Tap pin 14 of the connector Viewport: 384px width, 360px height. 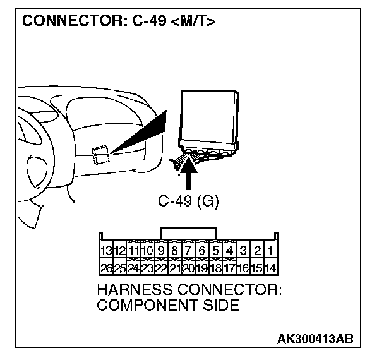(x=270, y=268)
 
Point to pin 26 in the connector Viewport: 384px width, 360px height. (x=105, y=268)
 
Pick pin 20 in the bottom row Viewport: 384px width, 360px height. (x=188, y=268)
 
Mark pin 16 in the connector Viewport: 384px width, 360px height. (x=243, y=268)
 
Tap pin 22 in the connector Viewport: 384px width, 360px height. (x=160, y=268)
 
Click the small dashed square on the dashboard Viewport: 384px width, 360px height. (x=99, y=154)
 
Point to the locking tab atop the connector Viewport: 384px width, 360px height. (x=188, y=232)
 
